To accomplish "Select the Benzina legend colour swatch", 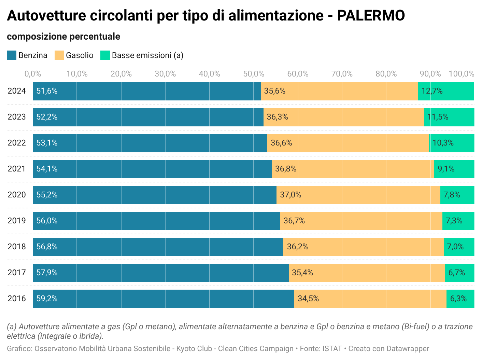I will pyautogui.click(x=12, y=55).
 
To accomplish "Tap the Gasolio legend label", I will pyautogui.click(x=80, y=55).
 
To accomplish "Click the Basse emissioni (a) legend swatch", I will pyautogui.click(x=105, y=55).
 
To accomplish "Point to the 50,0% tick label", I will pyautogui.click(x=254, y=74).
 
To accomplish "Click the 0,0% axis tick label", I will pyautogui.click(x=33, y=74).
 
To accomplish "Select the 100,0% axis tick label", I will pyautogui.click(x=461, y=74).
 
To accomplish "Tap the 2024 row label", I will pyautogui.click(x=17, y=91).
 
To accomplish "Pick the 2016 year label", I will pyautogui.click(x=17, y=299).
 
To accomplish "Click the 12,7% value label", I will pyautogui.click(x=432, y=91).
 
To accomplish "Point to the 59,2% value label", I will pyautogui.click(x=47, y=299).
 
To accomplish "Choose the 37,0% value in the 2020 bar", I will pyautogui.click(x=290, y=195).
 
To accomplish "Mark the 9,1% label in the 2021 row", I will pyautogui.click(x=446, y=169).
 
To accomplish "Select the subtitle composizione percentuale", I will pyautogui.click(x=63, y=37).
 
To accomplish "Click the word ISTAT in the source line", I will pyautogui.click(x=332, y=349).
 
